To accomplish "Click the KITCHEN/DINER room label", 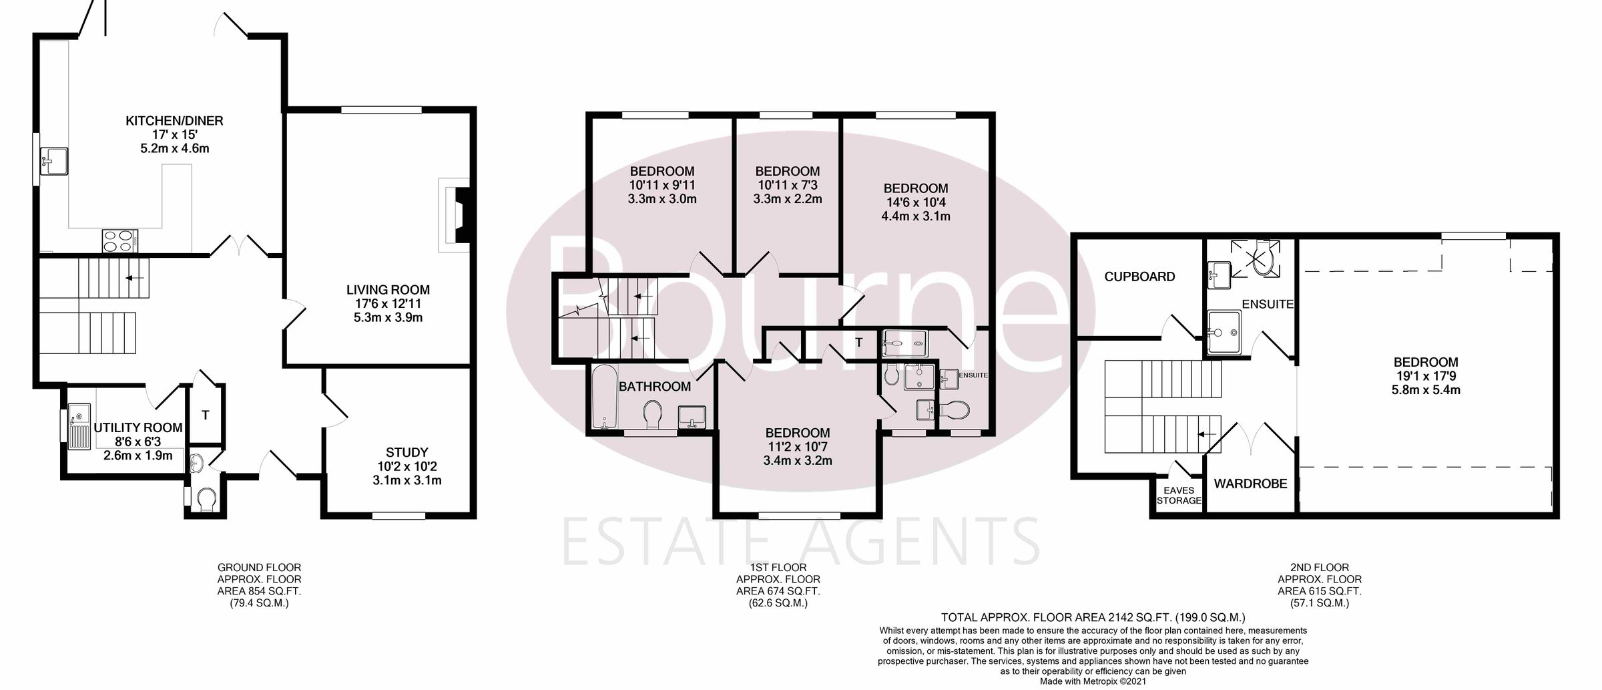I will pos(174,121).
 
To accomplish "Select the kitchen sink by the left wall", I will pos(54,161).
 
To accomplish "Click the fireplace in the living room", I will pos(457,214).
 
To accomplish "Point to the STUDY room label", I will pos(407,452).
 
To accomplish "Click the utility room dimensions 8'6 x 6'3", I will pos(138,442).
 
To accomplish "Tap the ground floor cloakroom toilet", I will pos(206,498).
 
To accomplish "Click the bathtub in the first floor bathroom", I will pos(604,397).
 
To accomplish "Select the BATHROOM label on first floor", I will pos(654,386).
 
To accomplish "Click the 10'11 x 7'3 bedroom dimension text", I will pos(787,185).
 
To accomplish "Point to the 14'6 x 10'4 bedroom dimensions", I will pos(916,202).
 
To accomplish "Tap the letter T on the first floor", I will pos(859,343).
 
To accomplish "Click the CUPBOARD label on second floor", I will pos(1139,277).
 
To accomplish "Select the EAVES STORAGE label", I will pos(1179,496).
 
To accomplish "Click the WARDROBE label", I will pos(1250,484).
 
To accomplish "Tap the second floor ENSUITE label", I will pos(1268,304).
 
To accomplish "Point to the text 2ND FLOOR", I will pos(1320,568).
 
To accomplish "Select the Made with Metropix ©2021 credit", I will pos(1093,682).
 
